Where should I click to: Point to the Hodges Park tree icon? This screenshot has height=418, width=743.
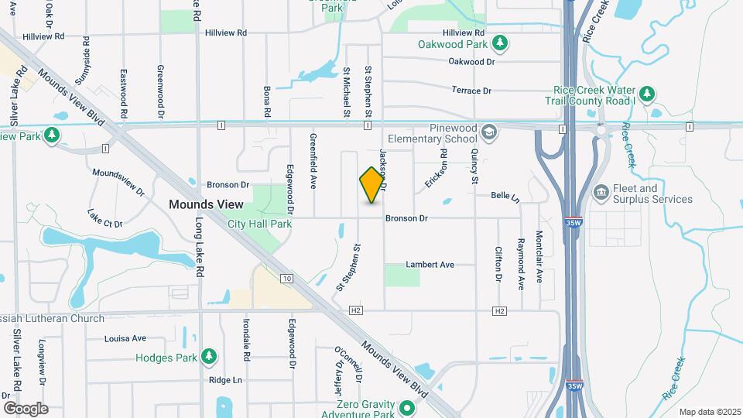coord(208,356)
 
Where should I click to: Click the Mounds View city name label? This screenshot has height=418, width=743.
coord(206,204)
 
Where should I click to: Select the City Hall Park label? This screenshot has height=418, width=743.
coord(260,224)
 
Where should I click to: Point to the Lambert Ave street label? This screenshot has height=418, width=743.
coord(430,265)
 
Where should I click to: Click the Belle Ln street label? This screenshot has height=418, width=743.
coord(504,196)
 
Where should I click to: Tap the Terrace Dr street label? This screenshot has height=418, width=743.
coord(471,91)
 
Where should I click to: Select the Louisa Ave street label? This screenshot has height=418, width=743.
coord(125,338)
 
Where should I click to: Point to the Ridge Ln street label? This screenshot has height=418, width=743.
coord(225,380)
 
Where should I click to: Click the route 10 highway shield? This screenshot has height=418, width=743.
coord(286,278)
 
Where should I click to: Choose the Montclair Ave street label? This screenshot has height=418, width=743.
coord(539,256)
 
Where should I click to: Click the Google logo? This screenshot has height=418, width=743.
coord(26,409)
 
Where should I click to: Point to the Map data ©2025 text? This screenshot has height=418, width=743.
coord(709,412)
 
